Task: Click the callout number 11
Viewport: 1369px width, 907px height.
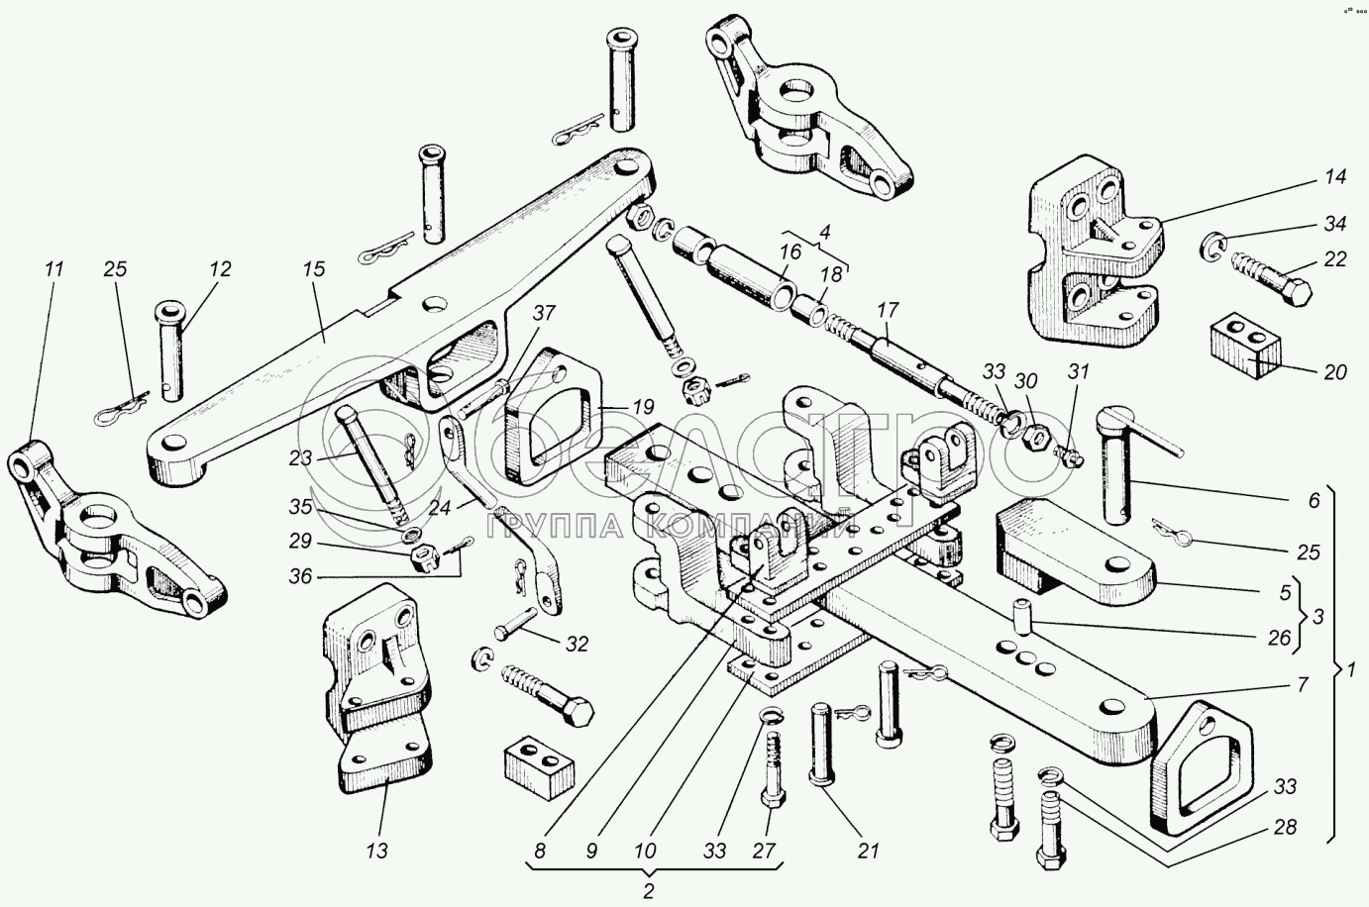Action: (x=53, y=267)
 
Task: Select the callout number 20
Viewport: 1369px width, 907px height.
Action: (x=1334, y=371)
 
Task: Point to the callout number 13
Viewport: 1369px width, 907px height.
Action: (x=375, y=850)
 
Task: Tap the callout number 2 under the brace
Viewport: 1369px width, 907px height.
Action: (x=649, y=890)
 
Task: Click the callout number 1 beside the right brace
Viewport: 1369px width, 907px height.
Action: (x=1350, y=669)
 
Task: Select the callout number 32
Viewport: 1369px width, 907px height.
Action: (x=576, y=645)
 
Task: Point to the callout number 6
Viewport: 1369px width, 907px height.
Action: (x=1314, y=501)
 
